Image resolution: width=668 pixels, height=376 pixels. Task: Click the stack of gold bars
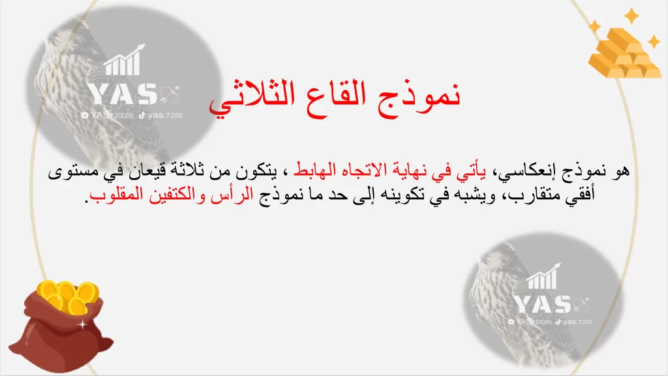pos(624,50)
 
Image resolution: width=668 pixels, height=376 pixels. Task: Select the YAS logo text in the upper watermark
pos(122,94)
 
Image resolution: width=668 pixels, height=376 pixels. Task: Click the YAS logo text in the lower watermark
pos(542,304)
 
